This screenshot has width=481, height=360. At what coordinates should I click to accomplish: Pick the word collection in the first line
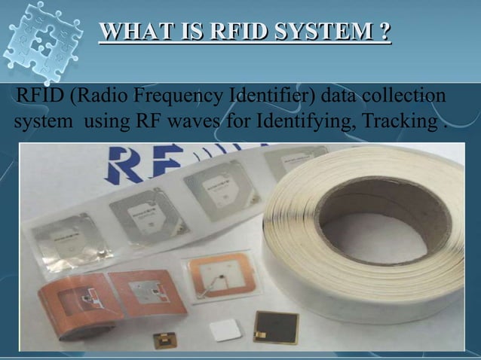point(403,97)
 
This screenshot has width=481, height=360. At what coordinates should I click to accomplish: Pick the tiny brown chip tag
point(164,338)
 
